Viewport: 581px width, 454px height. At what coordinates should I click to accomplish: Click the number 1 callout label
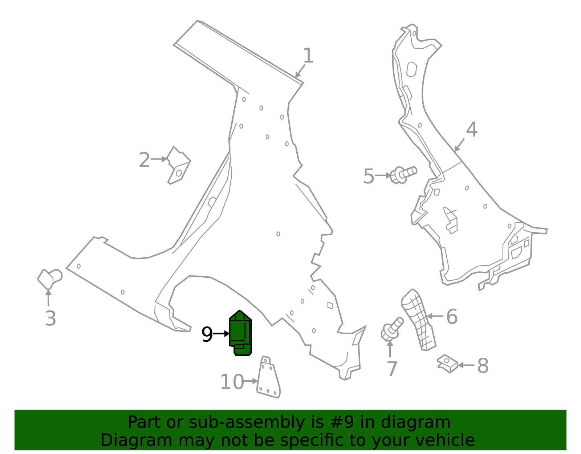[308, 56]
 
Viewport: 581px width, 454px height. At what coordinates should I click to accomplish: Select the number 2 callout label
[145, 160]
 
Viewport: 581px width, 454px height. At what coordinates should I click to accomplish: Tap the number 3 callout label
[50, 319]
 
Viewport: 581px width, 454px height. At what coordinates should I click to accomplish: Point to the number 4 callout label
[472, 129]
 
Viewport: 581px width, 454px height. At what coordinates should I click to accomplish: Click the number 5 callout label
[369, 176]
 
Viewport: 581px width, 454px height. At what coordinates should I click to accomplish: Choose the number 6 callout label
[452, 317]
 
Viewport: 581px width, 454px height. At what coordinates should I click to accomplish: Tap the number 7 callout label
[392, 369]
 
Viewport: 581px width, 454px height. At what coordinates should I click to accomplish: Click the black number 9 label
[207, 334]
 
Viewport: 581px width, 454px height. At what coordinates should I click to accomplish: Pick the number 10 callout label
[232, 382]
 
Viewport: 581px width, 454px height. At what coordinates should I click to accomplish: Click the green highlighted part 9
[240, 333]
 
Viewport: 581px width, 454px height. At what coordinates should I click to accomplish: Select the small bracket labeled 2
[179, 165]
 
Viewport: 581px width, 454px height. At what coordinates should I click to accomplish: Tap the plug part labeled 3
[50, 279]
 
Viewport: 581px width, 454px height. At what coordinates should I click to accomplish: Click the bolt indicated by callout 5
[403, 175]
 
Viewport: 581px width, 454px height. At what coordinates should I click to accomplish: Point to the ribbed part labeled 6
[418, 320]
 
